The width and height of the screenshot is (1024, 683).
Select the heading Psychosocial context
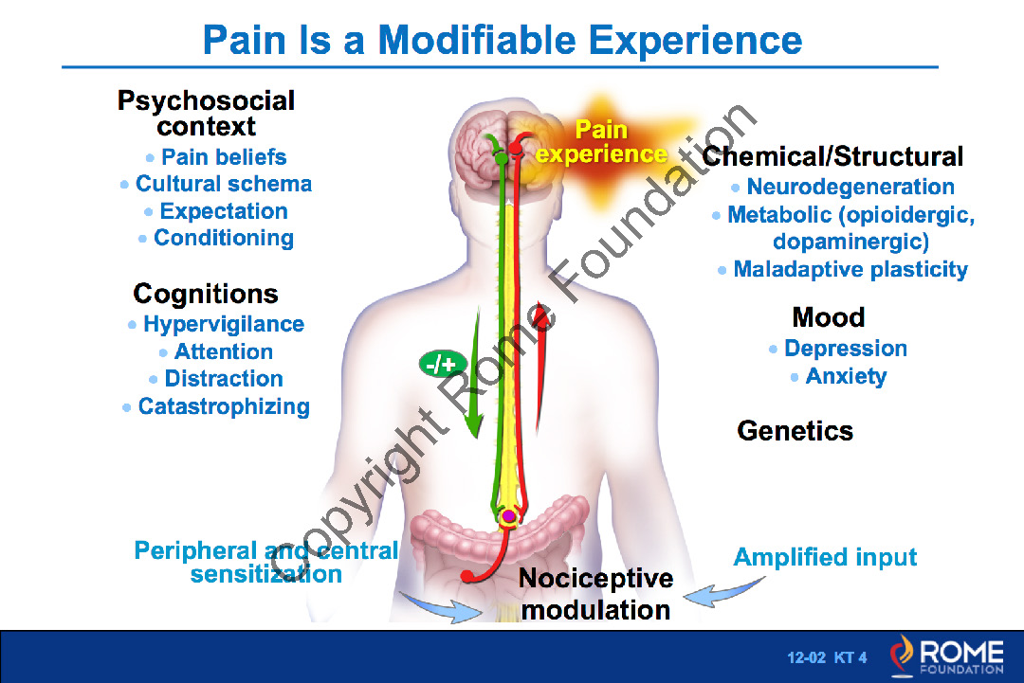tap(206, 113)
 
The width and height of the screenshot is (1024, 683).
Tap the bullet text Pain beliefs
tap(224, 157)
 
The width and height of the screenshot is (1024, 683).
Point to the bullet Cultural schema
tap(224, 184)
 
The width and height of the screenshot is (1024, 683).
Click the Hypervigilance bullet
tap(224, 325)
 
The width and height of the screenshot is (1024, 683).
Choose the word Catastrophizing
tap(224, 407)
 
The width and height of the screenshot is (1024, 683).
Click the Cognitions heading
tap(206, 294)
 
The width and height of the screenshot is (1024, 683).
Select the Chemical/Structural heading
tap(833, 156)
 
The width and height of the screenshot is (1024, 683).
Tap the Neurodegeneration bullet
tap(850, 188)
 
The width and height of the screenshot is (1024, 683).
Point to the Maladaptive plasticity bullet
tap(850, 270)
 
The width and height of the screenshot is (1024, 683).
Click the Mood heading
tap(829, 317)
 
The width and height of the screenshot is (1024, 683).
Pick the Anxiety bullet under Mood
tap(846, 377)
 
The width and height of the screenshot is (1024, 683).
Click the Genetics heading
tap(795, 431)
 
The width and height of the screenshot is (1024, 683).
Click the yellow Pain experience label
tap(601, 141)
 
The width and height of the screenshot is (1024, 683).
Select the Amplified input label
tap(825, 557)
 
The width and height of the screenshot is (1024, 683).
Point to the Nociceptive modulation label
tap(595, 594)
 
